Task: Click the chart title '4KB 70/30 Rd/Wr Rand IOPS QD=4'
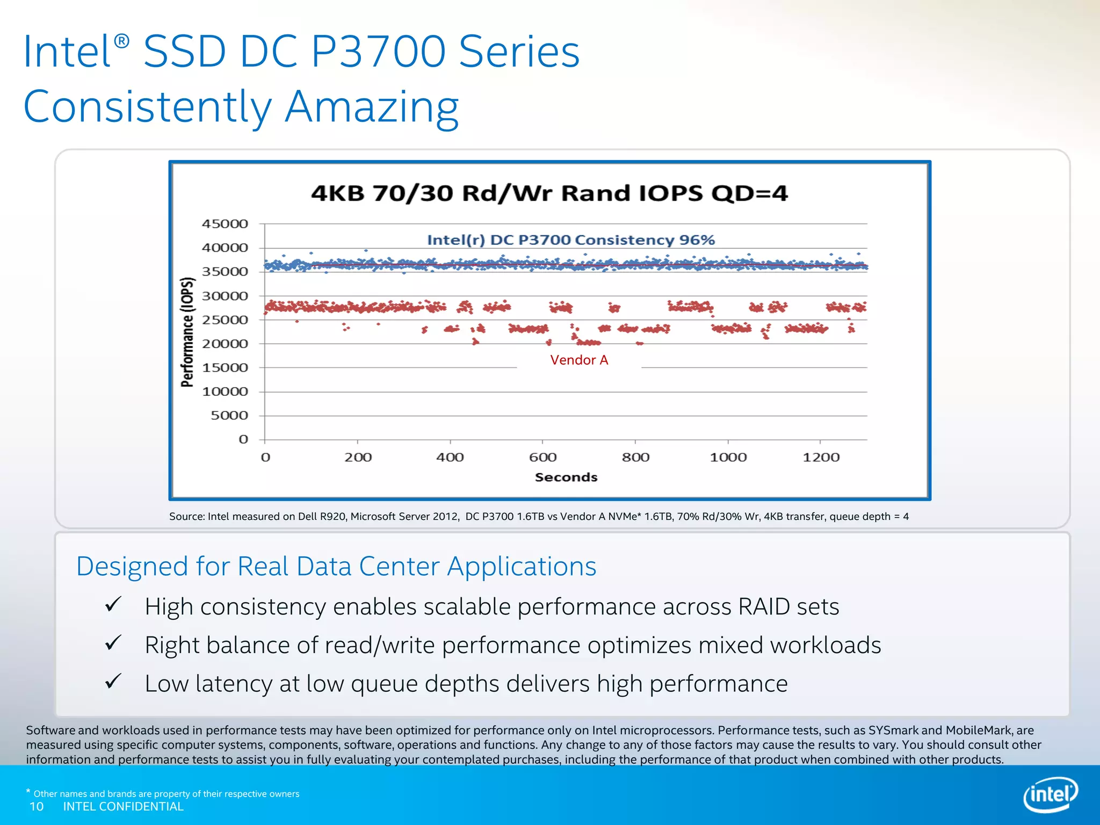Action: pyautogui.click(x=549, y=193)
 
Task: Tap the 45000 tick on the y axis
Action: pyautogui.click(x=225, y=224)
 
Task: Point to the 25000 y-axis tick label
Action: pyautogui.click(x=225, y=320)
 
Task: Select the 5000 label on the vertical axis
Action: pyautogui.click(x=229, y=416)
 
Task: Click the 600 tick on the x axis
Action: pyautogui.click(x=542, y=458)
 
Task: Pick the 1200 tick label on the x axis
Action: pyautogui.click(x=821, y=458)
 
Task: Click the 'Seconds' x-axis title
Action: pyautogui.click(x=566, y=477)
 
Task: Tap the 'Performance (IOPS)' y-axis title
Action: pyautogui.click(x=187, y=332)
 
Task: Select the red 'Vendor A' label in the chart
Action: pyautogui.click(x=579, y=360)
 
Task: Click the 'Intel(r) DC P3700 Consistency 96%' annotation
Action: pyautogui.click(x=570, y=240)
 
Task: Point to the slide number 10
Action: pyautogui.click(x=37, y=807)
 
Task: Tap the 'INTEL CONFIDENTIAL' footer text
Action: pyautogui.click(x=123, y=807)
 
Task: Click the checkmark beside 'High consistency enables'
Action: pyautogui.click(x=113, y=604)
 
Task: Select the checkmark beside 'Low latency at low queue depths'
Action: pyautogui.click(x=113, y=681)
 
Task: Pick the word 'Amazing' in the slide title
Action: pyautogui.click(x=372, y=106)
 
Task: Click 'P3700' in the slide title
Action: pyautogui.click(x=379, y=52)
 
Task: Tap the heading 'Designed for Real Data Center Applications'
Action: pyautogui.click(x=336, y=567)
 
